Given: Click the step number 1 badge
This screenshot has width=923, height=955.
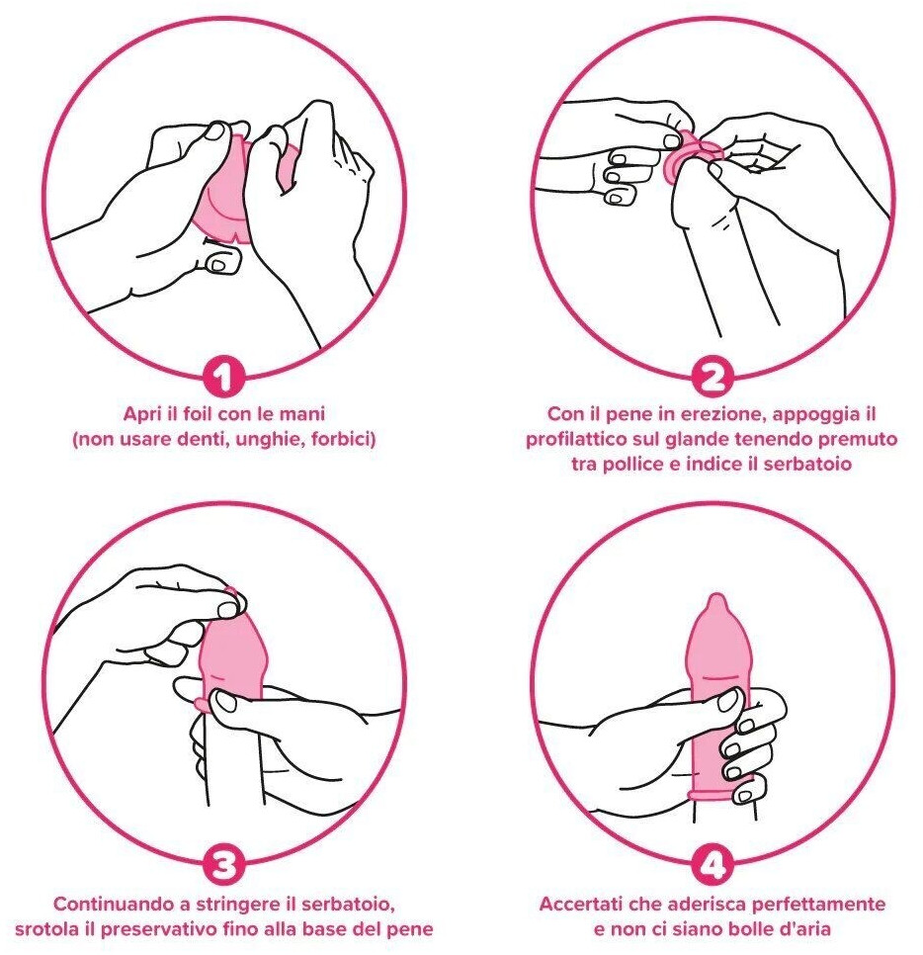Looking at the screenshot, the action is coord(223,377).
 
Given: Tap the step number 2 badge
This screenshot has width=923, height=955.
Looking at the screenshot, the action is coord(712,377).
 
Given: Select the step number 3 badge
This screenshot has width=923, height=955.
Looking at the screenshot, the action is coord(223,863).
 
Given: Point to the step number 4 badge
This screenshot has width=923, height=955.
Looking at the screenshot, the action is coord(712,863).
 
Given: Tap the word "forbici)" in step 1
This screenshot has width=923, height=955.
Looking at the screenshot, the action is coord(343,439).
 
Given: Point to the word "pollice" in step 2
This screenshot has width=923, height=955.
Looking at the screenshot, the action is coord(633,464).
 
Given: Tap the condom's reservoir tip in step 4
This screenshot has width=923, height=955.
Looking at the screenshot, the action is coord(716,604).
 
